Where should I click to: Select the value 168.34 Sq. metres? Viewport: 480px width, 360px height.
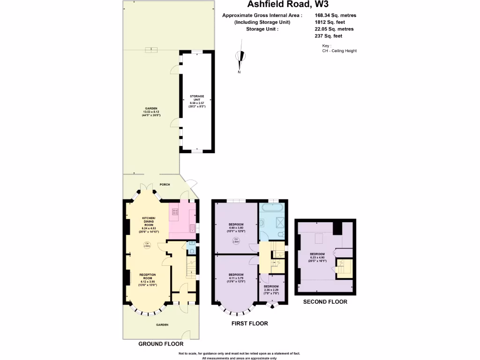(x=335, y=15)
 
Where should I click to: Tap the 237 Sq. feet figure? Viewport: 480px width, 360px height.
(x=328, y=36)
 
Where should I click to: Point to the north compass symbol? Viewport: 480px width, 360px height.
(x=241, y=59)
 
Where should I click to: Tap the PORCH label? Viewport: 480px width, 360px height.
(x=164, y=184)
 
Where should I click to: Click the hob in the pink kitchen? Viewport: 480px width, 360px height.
(x=176, y=212)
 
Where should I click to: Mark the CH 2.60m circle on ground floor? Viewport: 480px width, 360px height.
(x=146, y=244)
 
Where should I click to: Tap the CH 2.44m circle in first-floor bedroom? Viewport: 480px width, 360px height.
(x=236, y=240)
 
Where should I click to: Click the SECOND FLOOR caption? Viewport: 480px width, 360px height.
(x=325, y=302)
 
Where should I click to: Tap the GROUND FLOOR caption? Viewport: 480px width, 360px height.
(x=161, y=344)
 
